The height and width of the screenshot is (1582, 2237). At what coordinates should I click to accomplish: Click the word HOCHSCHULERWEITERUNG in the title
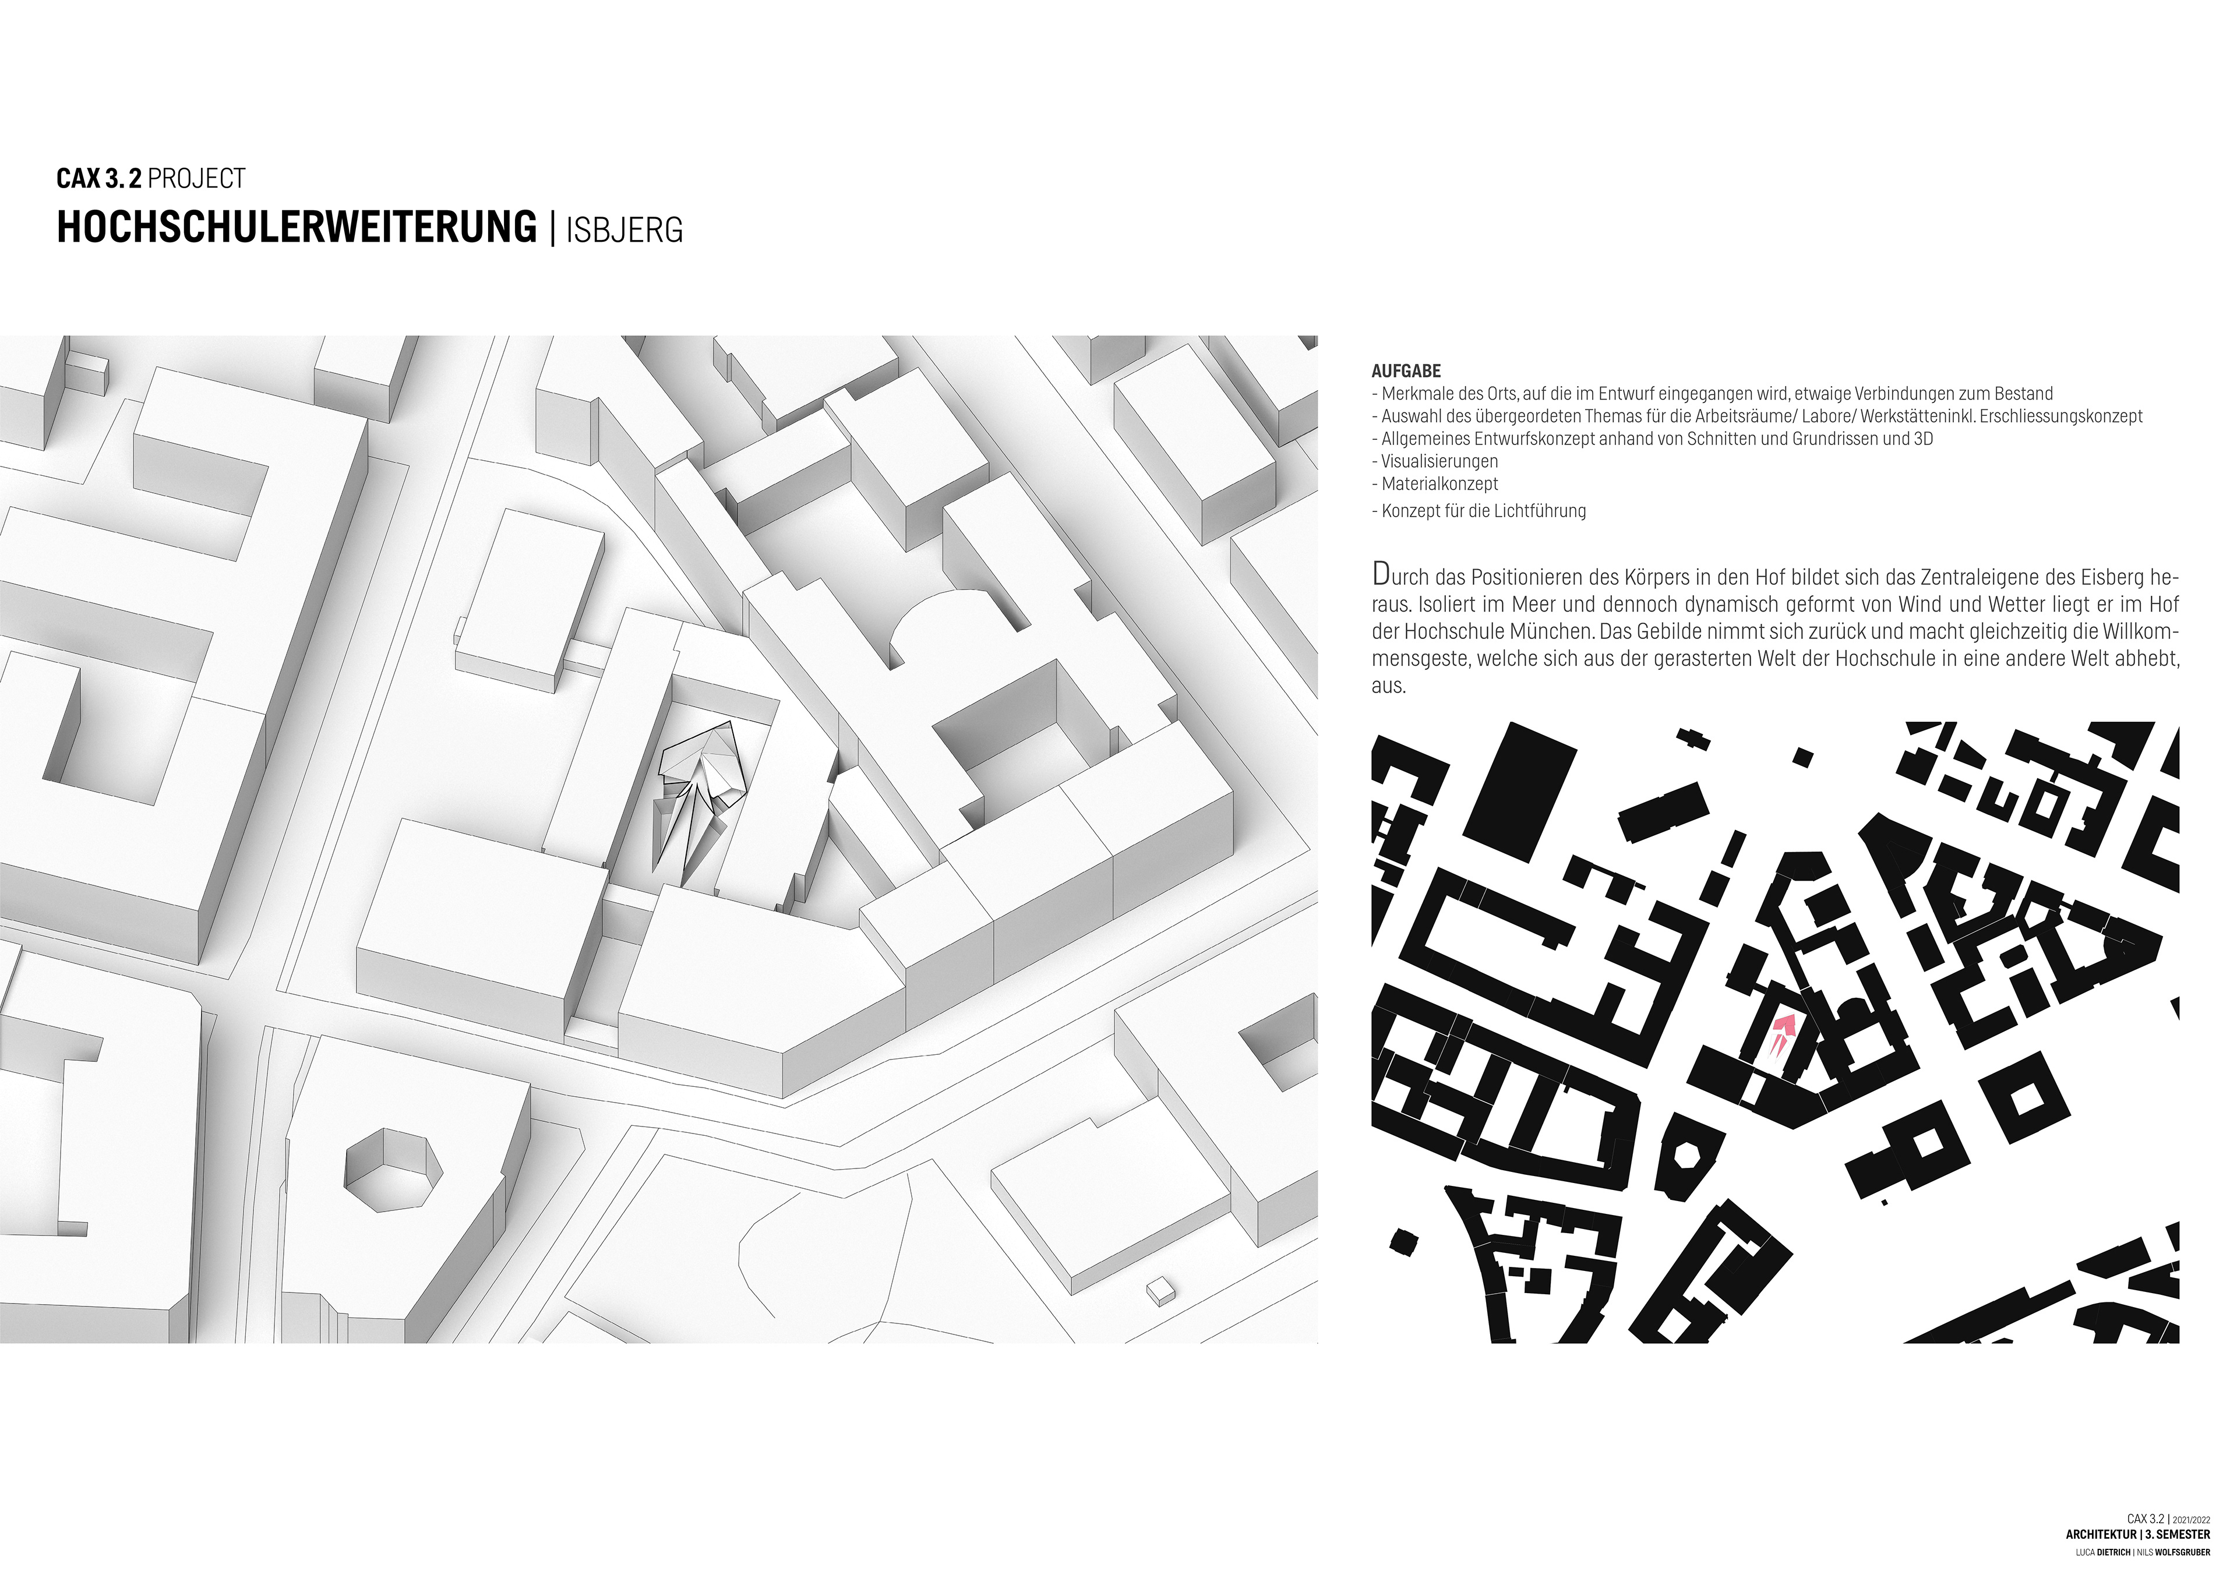click(x=296, y=227)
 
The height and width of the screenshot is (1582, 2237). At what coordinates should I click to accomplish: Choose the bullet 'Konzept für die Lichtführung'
click(x=1483, y=510)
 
